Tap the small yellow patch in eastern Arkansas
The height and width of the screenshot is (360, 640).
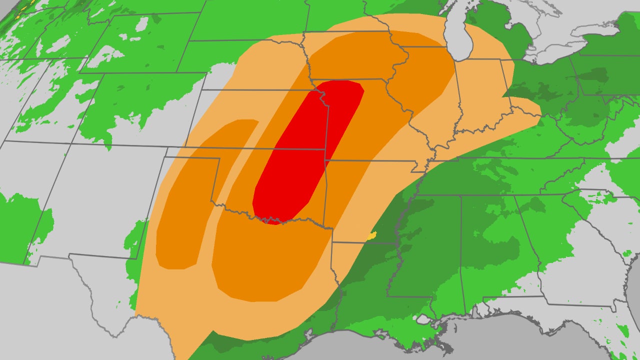click(x=371, y=235)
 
